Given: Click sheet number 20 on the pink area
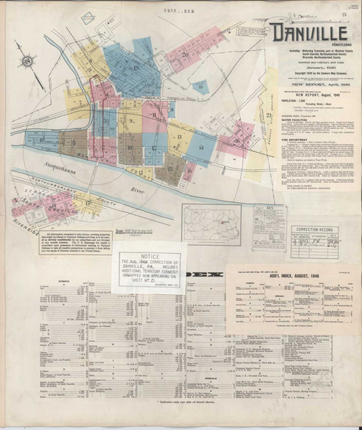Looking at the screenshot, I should click(x=185, y=54).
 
